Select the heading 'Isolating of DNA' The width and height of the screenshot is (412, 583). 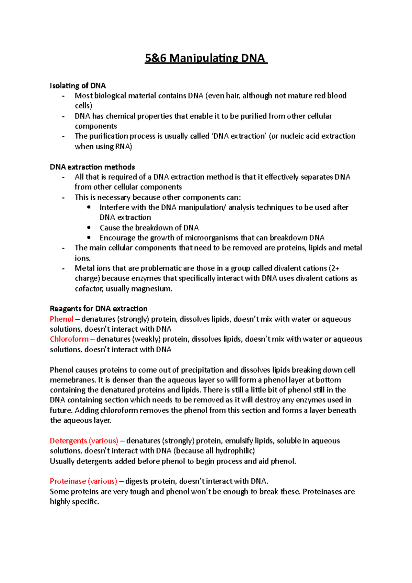[x=78, y=85]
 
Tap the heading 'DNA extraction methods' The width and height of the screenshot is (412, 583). [x=92, y=167]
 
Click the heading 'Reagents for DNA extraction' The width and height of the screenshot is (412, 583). [x=99, y=308]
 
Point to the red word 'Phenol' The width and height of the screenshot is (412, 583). [x=61, y=319]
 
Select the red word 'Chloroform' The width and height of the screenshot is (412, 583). [x=69, y=339]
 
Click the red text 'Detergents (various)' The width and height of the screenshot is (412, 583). [x=84, y=441]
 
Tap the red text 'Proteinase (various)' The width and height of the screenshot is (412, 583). [x=83, y=481]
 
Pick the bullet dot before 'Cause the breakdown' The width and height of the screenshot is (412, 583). [x=89, y=227]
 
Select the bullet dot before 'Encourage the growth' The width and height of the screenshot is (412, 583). [x=89, y=237]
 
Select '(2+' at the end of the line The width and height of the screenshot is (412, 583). [x=334, y=268]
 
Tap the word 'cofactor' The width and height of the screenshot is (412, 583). [x=89, y=288]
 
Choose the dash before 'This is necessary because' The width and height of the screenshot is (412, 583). [x=63, y=197]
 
